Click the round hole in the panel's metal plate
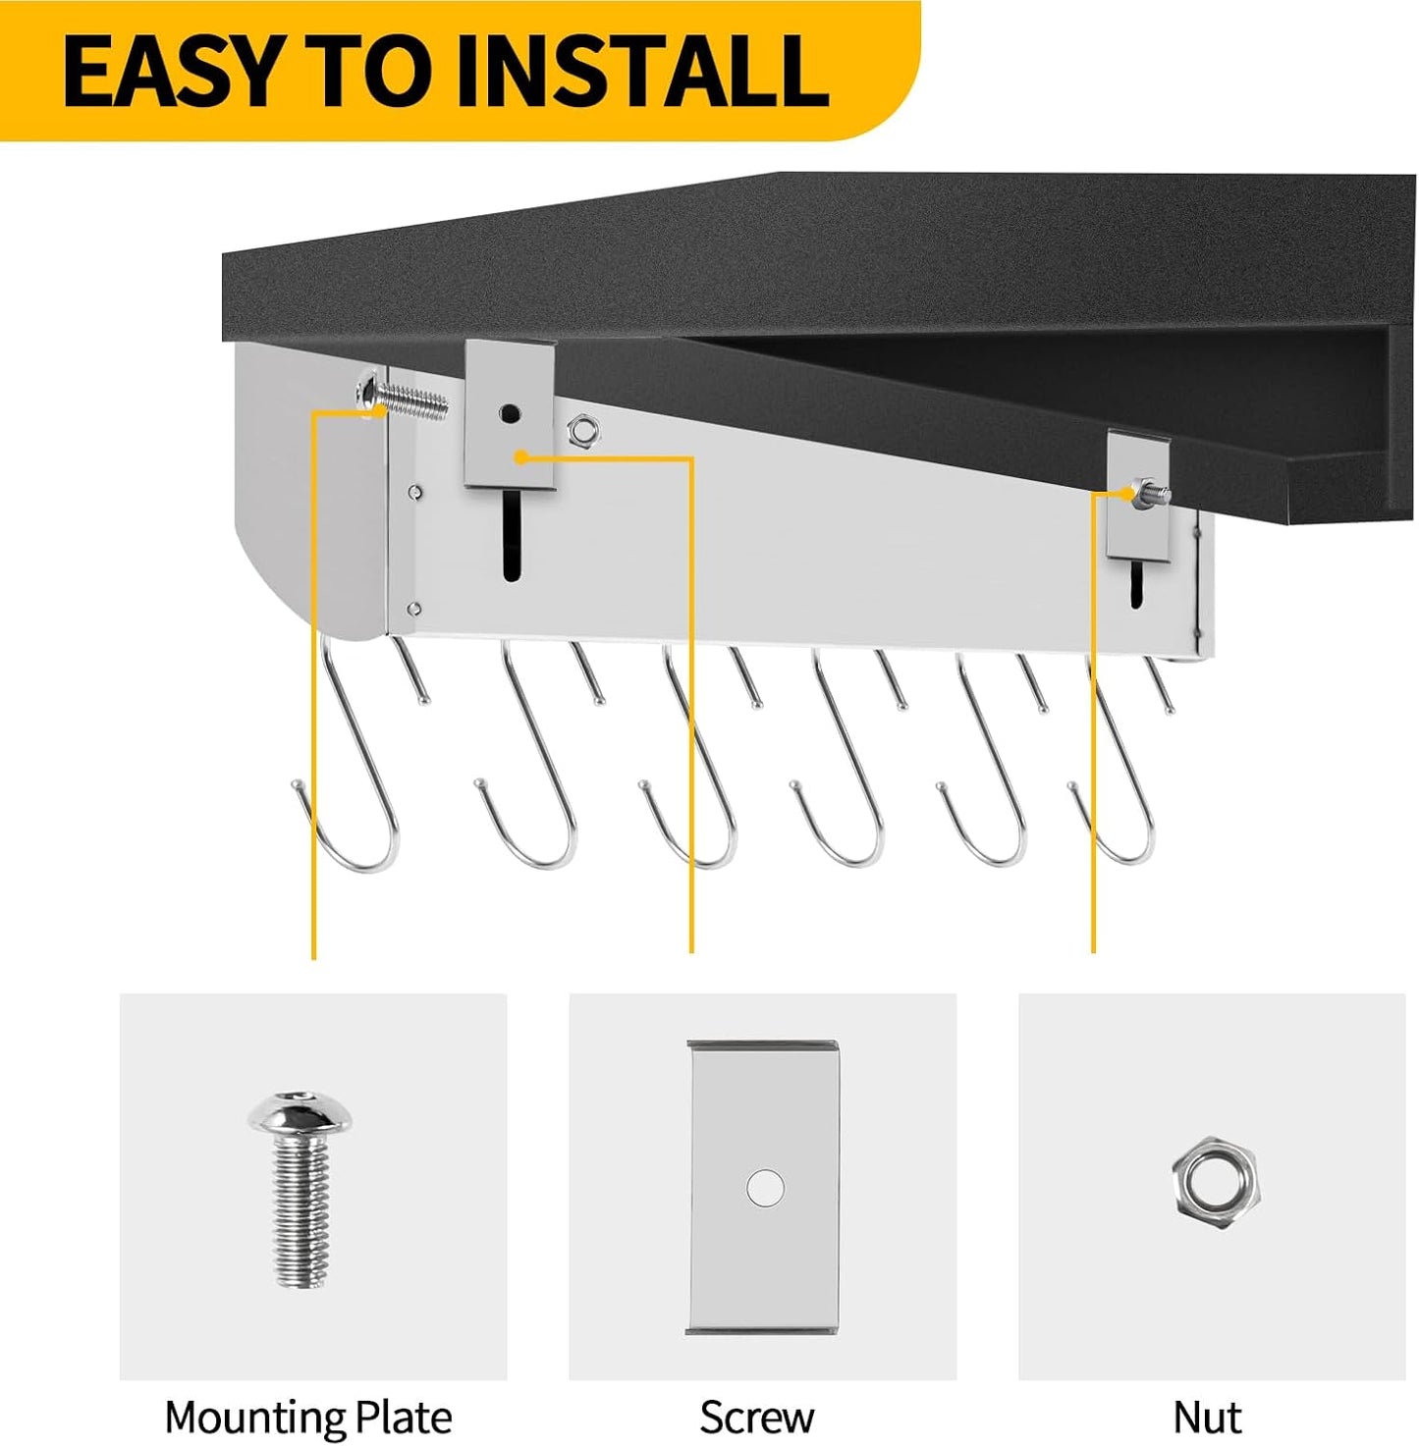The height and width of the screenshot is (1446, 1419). click(x=765, y=1188)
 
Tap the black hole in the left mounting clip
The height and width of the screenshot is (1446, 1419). click(x=510, y=412)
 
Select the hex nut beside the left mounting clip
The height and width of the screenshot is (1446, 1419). click(x=579, y=431)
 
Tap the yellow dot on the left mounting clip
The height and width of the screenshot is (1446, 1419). click(x=519, y=456)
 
